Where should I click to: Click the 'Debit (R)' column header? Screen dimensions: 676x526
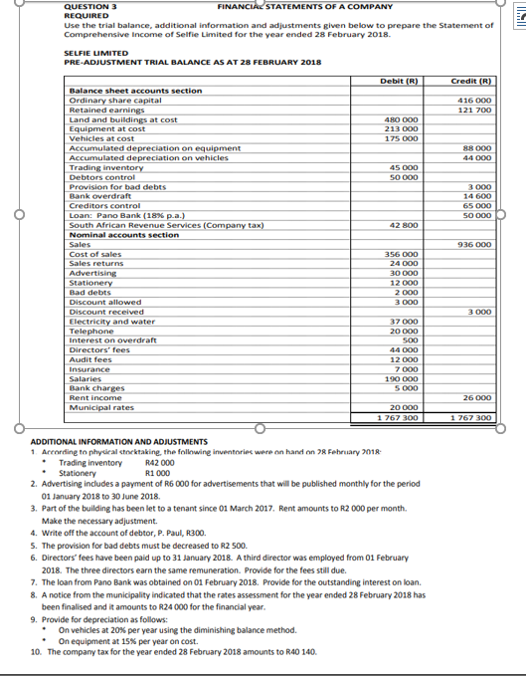(399, 81)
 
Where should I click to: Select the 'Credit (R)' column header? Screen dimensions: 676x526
(471, 81)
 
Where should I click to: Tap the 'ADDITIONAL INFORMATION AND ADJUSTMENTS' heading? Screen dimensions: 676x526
(119, 441)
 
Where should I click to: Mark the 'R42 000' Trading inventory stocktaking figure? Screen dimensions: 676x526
(159, 463)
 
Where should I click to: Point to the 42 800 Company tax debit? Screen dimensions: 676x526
(402, 225)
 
